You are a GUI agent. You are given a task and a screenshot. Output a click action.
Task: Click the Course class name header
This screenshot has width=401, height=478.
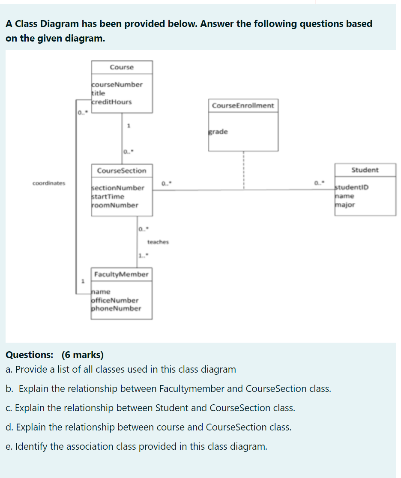(122, 67)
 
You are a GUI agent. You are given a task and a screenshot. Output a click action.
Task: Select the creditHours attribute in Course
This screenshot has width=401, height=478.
(112, 102)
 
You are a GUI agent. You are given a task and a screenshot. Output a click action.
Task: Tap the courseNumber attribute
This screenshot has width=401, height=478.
(117, 84)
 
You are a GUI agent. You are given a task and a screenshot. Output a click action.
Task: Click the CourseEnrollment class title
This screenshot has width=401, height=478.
(243, 105)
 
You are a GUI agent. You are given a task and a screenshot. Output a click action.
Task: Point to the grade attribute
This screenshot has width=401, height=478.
(218, 131)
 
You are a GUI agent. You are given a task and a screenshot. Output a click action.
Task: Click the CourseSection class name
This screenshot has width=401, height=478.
(122, 170)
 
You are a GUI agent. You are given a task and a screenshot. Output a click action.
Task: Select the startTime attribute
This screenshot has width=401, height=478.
(108, 197)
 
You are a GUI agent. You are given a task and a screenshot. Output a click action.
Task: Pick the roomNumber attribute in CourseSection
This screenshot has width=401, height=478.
(115, 205)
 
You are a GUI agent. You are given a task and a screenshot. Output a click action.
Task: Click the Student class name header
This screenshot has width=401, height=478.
(365, 170)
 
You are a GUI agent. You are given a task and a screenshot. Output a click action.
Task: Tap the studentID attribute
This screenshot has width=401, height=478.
(352, 188)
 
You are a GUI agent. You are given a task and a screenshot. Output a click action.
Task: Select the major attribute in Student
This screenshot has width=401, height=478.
(345, 205)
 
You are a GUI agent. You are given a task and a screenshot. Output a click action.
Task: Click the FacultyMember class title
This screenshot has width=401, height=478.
(122, 274)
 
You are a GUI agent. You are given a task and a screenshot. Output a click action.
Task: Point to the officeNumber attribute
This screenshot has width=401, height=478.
(115, 300)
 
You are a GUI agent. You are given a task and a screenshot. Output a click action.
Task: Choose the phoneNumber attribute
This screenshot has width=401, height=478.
(117, 308)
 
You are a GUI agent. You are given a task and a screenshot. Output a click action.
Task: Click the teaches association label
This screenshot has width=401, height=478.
(158, 242)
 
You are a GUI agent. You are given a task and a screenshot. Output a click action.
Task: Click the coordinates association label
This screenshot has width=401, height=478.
(49, 183)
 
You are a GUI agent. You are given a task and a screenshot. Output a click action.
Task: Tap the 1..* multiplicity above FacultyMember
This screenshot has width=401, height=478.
(143, 257)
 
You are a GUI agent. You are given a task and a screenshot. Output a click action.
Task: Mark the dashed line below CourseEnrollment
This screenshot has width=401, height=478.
(243, 169)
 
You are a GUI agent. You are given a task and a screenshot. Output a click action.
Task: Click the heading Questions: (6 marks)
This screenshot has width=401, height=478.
(54, 355)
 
